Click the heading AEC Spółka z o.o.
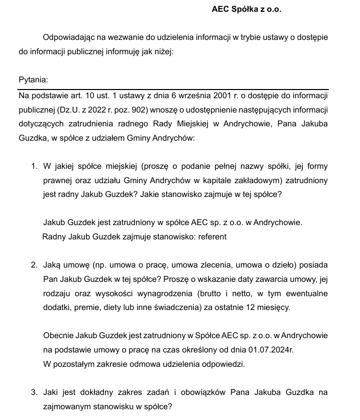click(x=246, y=10)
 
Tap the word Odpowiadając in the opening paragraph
click(x=66, y=38)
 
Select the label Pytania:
click(x=33, y=80)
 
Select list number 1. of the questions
click(x=34, y=167)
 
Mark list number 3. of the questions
click(x=34, y=392)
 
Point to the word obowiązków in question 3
click(x=185, y=392)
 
